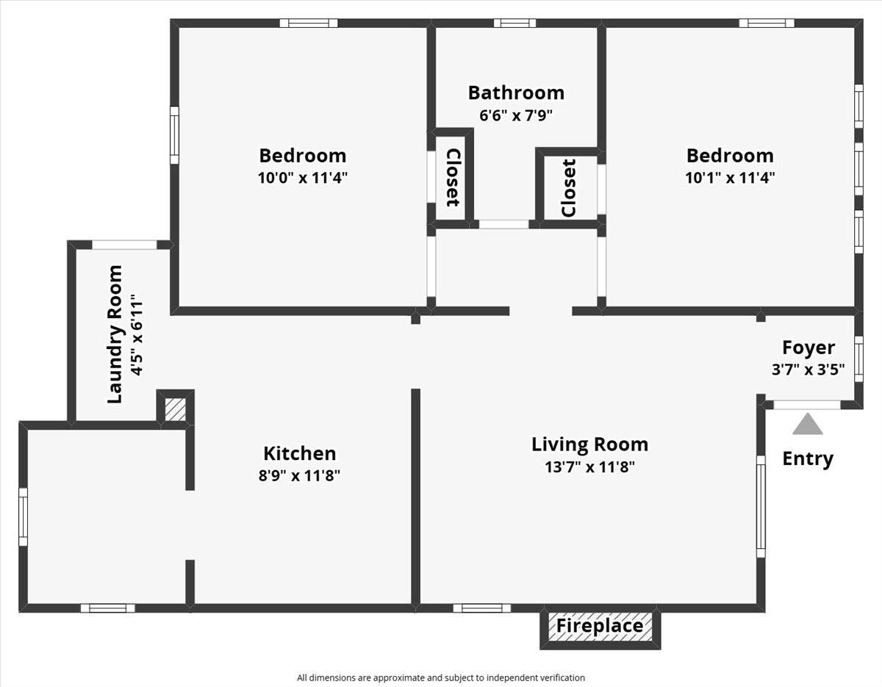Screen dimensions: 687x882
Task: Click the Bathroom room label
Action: click(516, 93)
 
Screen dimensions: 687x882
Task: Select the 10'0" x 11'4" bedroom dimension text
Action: click(302, 177)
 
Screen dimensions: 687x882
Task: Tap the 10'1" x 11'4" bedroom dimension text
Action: click(730, 177)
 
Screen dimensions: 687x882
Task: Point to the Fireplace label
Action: click(600, 626)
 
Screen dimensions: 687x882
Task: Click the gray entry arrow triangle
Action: click(807, 425)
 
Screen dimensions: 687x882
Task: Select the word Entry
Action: click(808, 458)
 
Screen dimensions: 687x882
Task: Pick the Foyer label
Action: click(808, 348)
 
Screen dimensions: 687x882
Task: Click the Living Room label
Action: click(589, 445)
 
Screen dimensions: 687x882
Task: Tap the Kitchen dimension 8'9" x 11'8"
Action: click(299, 475)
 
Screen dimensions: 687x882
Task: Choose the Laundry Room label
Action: click(115, 334)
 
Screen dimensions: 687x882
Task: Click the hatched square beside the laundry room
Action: click(175, 409)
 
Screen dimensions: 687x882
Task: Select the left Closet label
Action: click(453, 177)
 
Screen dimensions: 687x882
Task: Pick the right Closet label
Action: click(568, 188)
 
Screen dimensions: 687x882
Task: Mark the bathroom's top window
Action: click(514, 24)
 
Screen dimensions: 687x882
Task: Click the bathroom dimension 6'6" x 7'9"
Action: click(515, 115)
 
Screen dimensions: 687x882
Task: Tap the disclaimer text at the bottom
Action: click(441, 677)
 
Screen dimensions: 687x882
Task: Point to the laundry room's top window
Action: click(124, 245)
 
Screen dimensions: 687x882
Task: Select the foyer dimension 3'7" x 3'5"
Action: click(808, 370)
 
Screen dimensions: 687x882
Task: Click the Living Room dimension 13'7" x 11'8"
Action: click(589, 466)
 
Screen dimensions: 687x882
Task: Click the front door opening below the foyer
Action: click(807, 404)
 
